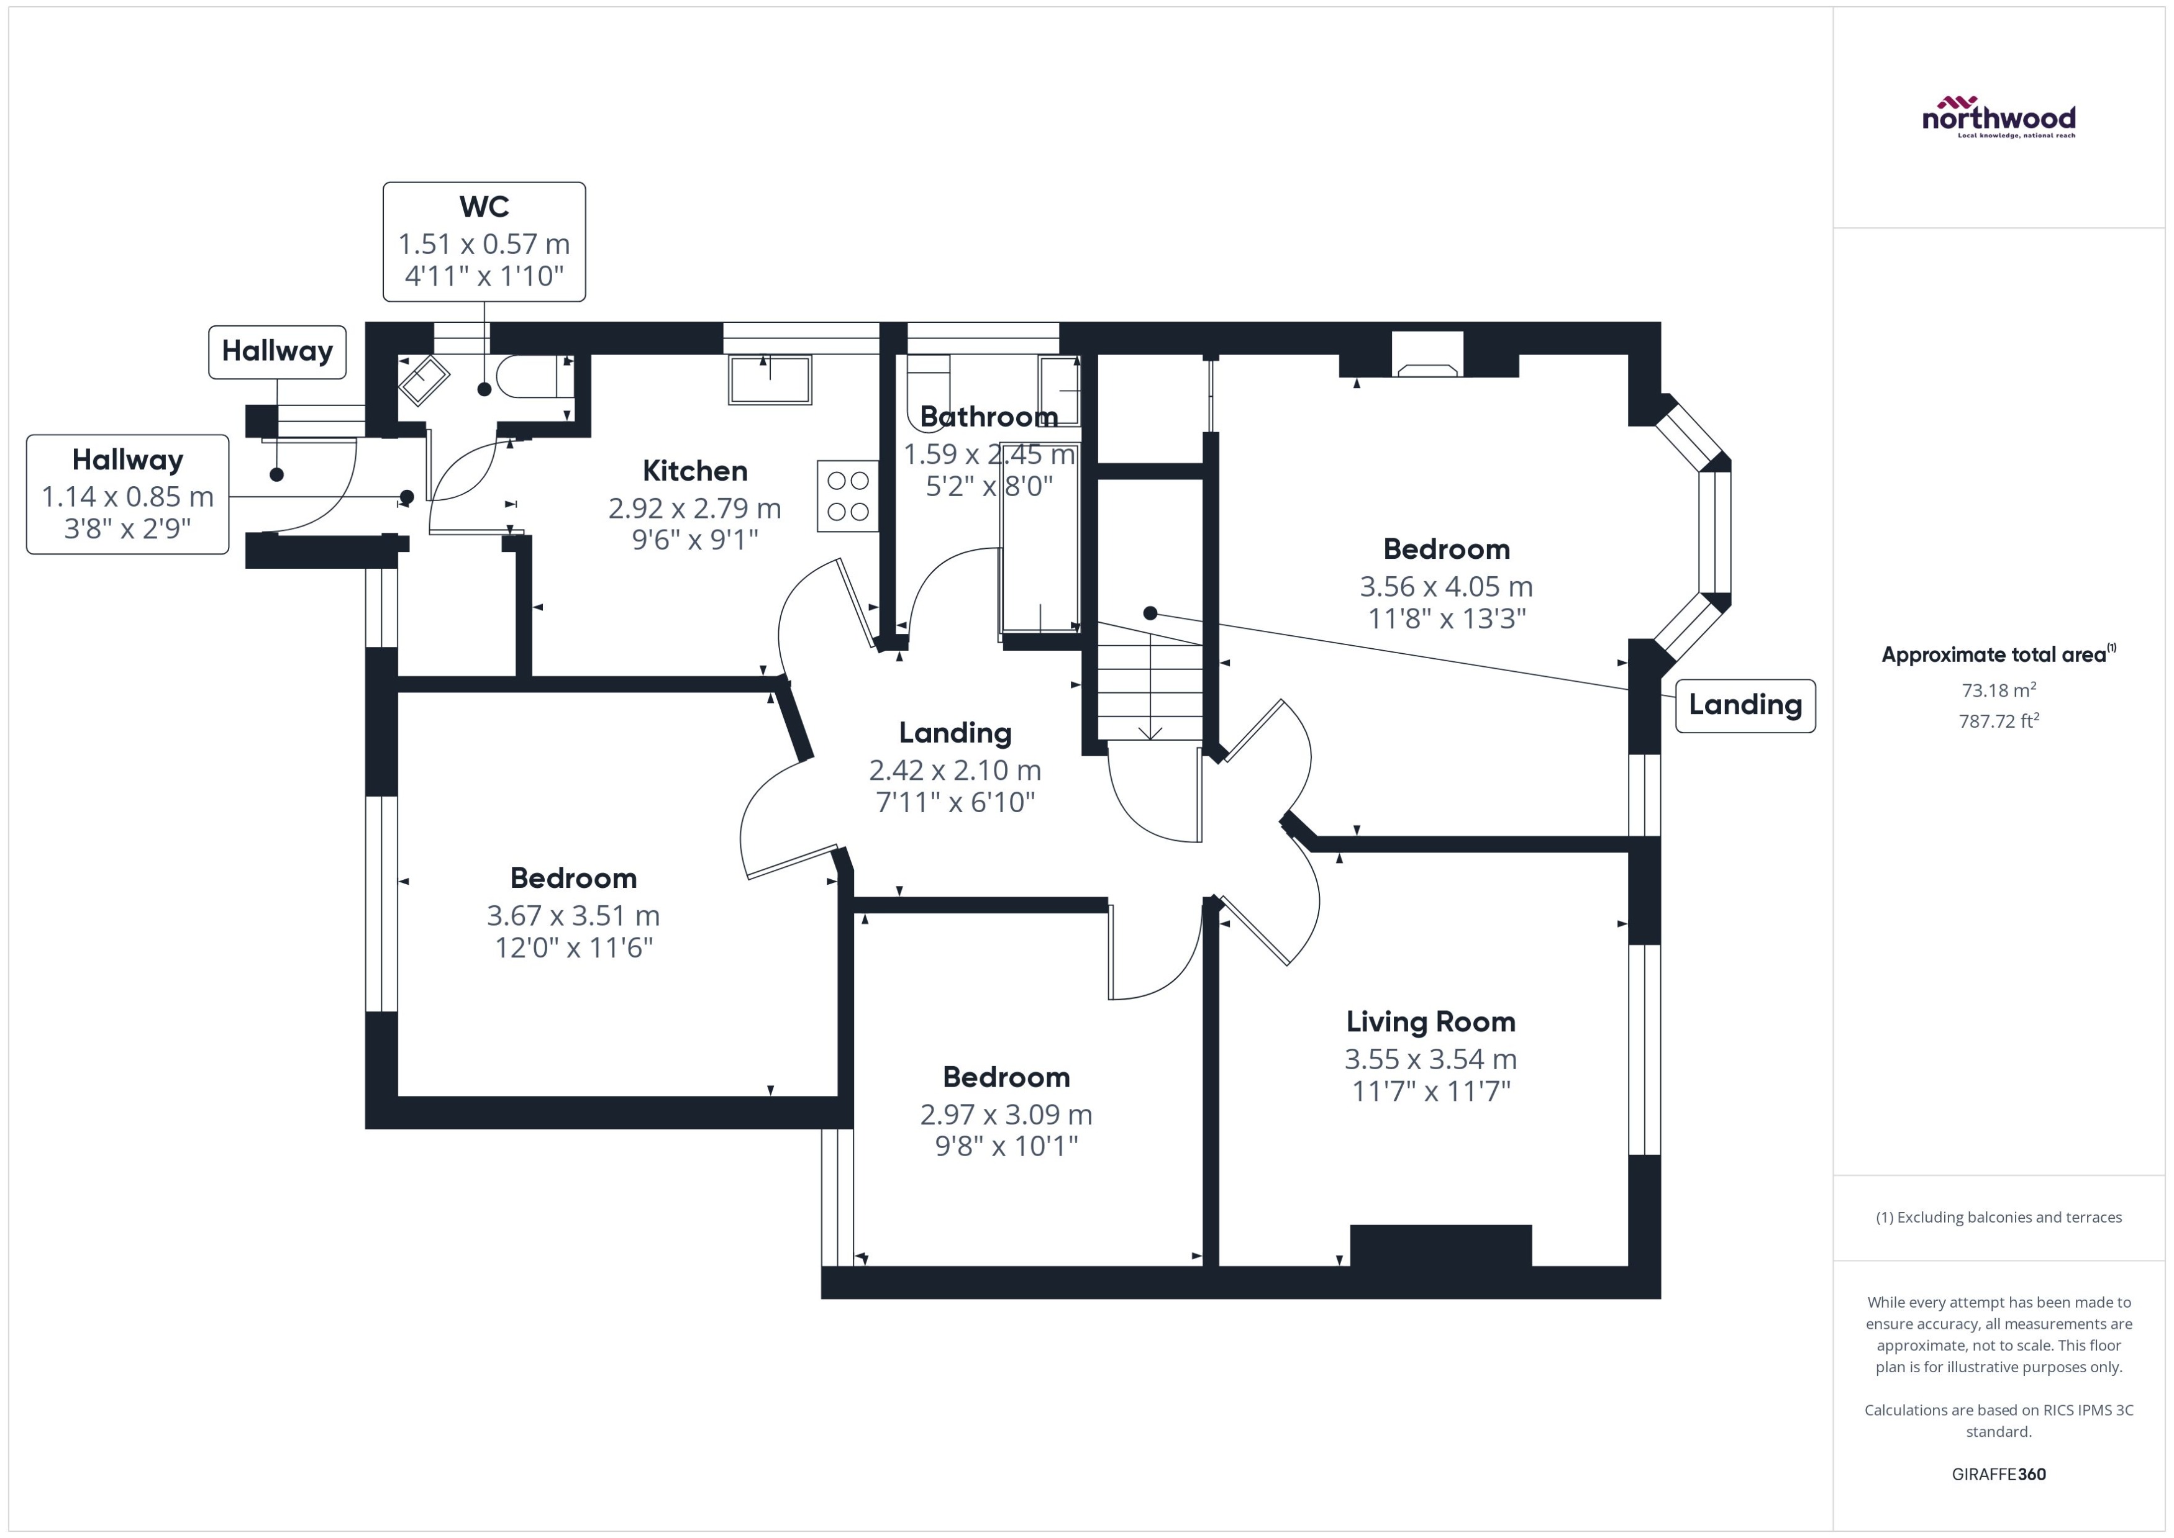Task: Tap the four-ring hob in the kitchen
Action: [848, 496]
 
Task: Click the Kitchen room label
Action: [694, 471]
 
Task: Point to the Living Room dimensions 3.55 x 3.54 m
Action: [1429, 1059]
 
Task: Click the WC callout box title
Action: [484, 207]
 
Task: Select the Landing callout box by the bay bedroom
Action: [1745, 705]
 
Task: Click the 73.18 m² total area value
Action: [1998, 690]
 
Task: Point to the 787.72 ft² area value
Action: [1998, 721]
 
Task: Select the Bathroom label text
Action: [988, 417]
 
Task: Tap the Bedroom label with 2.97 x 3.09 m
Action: [1006, 1077]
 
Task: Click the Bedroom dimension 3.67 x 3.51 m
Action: [573, 916]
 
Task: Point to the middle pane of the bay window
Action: [1714, 532]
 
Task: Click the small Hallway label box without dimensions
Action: [276, 351]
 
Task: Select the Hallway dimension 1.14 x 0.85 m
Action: [127, 496]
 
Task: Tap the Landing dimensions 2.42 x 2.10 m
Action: [955, 770]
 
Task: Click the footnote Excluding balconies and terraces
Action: [1998, 1217]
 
